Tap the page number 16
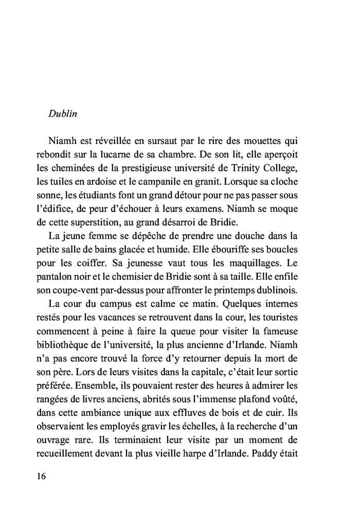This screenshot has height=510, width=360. (42, 476)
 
